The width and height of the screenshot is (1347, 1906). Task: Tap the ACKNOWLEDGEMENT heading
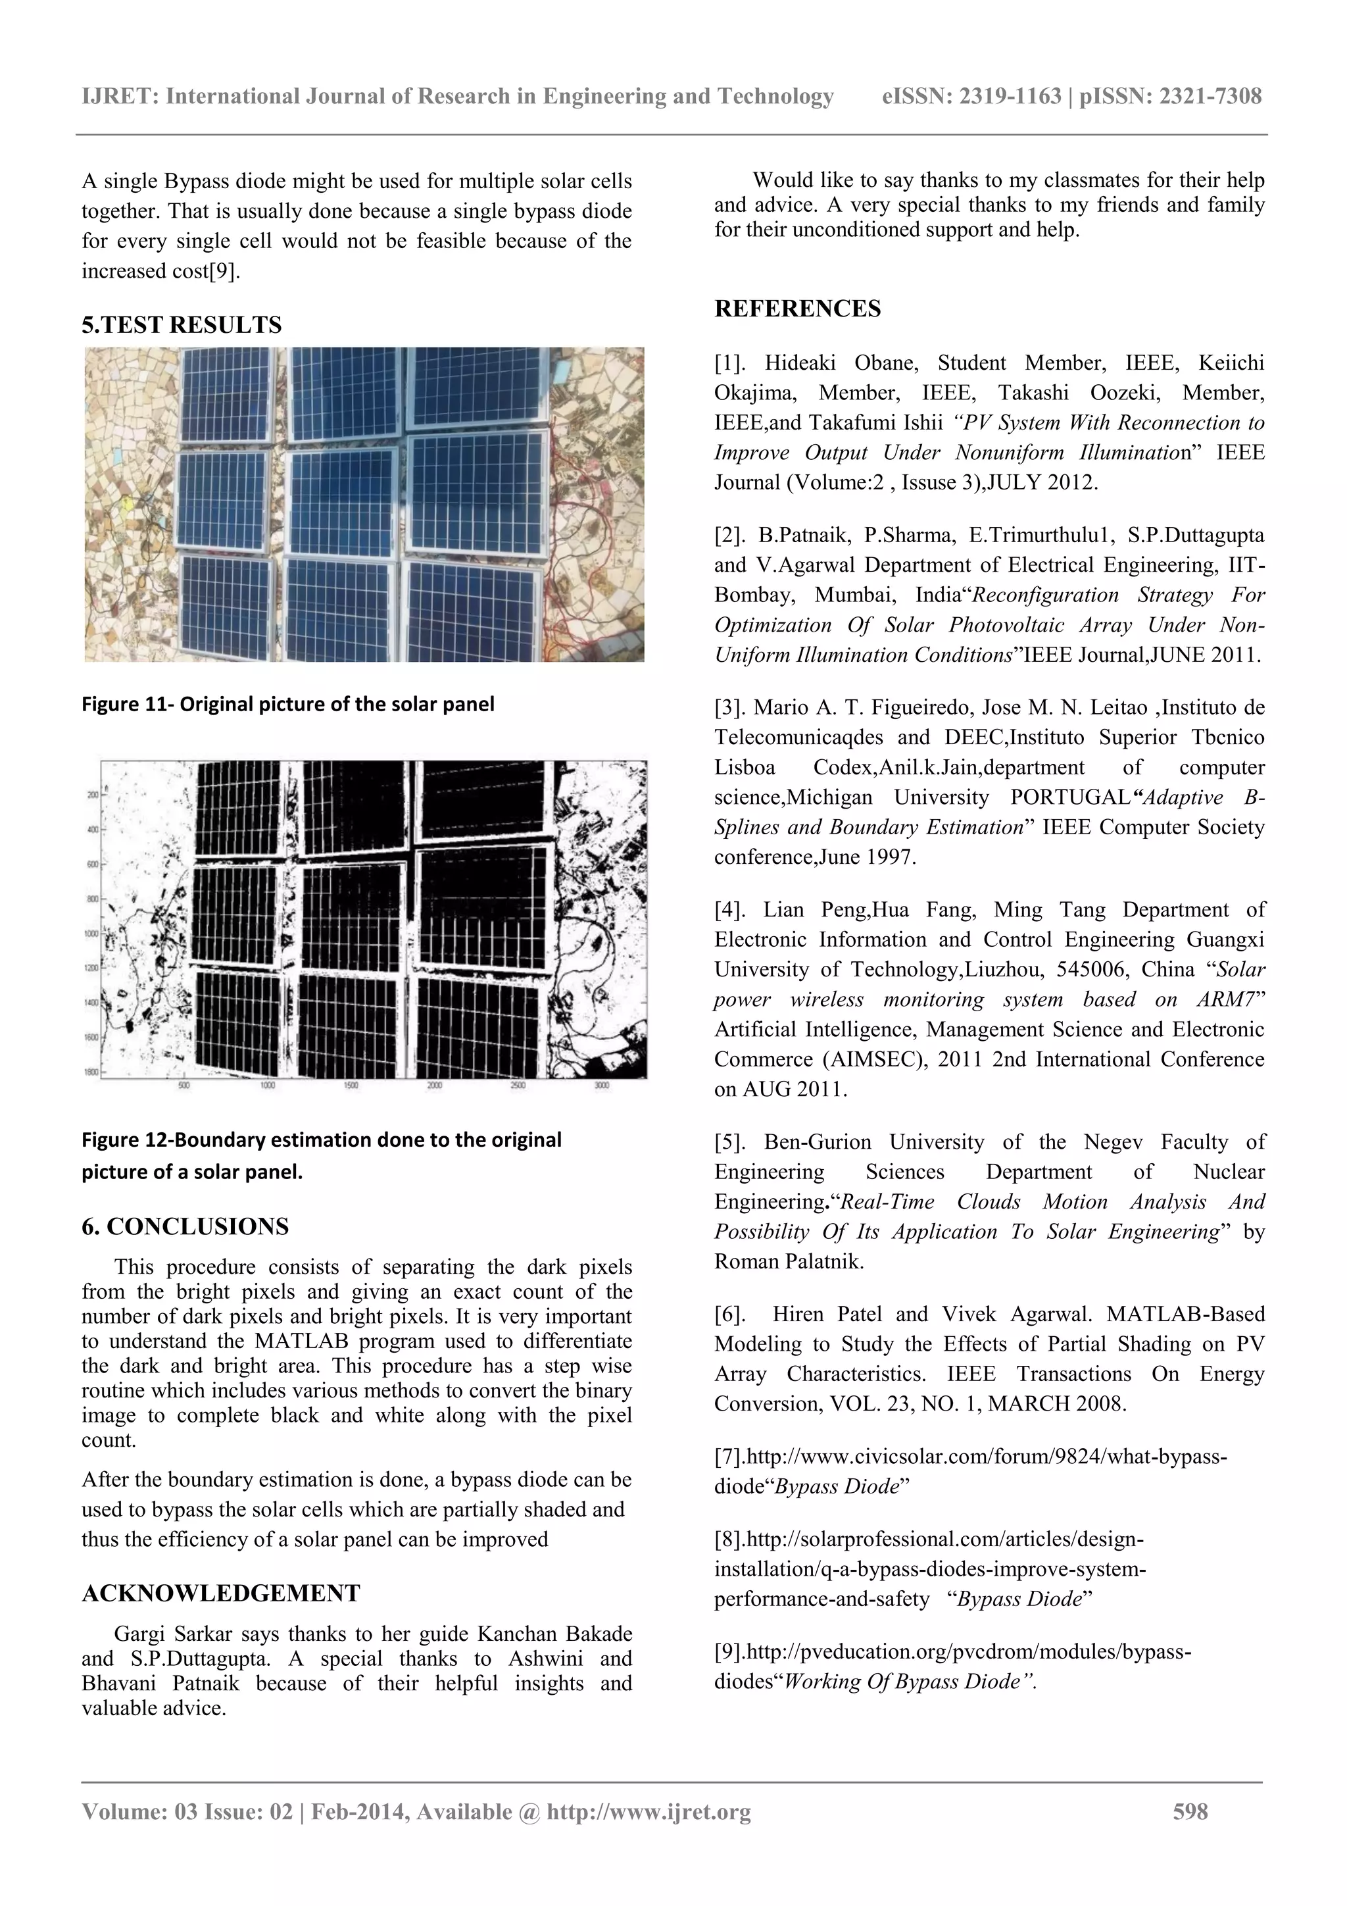click(x=221, y=1593)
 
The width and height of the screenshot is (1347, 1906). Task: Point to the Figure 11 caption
click(x=288, y=704)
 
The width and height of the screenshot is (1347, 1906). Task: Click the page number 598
click(x=1190, y=1811)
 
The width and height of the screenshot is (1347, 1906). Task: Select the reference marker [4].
click(x=730, y=910)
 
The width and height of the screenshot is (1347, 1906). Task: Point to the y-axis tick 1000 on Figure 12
click(x=91, y=934)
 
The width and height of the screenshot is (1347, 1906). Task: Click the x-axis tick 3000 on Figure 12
click(x=602, y=1085)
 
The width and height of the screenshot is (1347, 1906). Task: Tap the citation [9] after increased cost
click(x=223, y=272)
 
